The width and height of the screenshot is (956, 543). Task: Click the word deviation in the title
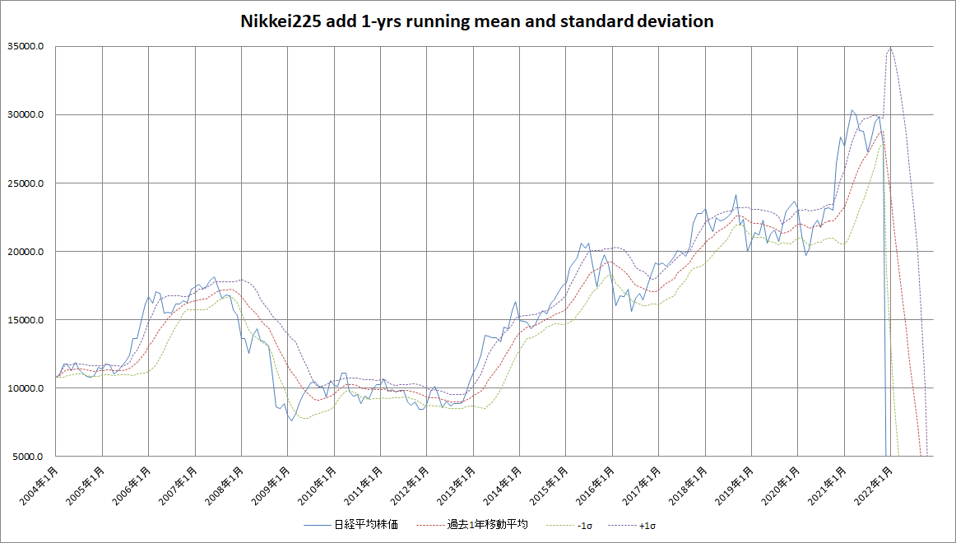coord(673,22)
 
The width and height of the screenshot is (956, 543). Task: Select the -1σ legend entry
coord(582,525)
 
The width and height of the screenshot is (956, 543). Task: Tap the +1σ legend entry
coord(647,525)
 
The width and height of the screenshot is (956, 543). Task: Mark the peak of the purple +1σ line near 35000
coord(890,48)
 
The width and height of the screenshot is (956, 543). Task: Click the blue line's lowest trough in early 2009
coord(291,420)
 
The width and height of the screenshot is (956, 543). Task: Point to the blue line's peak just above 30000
coord(852,110)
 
